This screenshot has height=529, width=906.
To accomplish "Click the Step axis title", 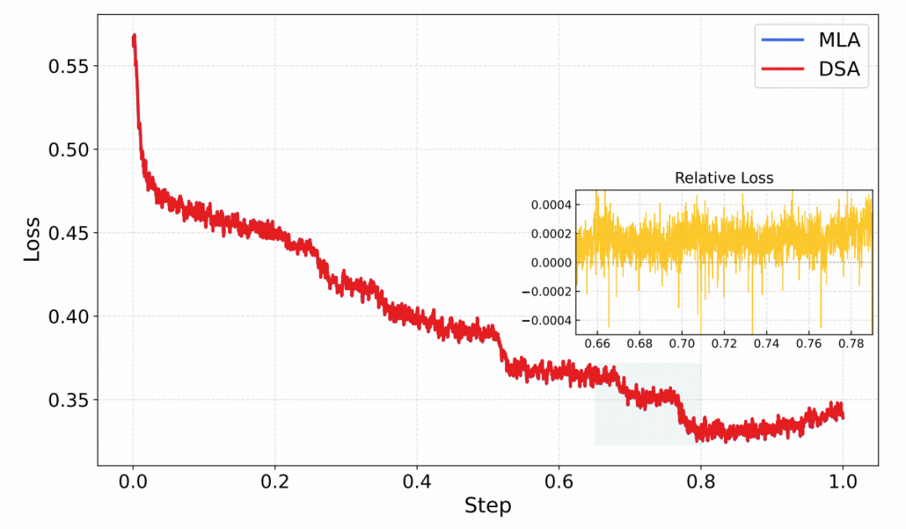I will click(x=487, y=506).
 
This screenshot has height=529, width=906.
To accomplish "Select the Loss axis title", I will click(x=32, y=237).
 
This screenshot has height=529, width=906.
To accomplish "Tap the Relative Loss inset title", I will click(x=724, y=178).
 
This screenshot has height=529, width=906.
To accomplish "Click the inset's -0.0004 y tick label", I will click(x=548, y=320).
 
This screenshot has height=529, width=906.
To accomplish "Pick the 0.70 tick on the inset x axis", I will click(x=682, y=344).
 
